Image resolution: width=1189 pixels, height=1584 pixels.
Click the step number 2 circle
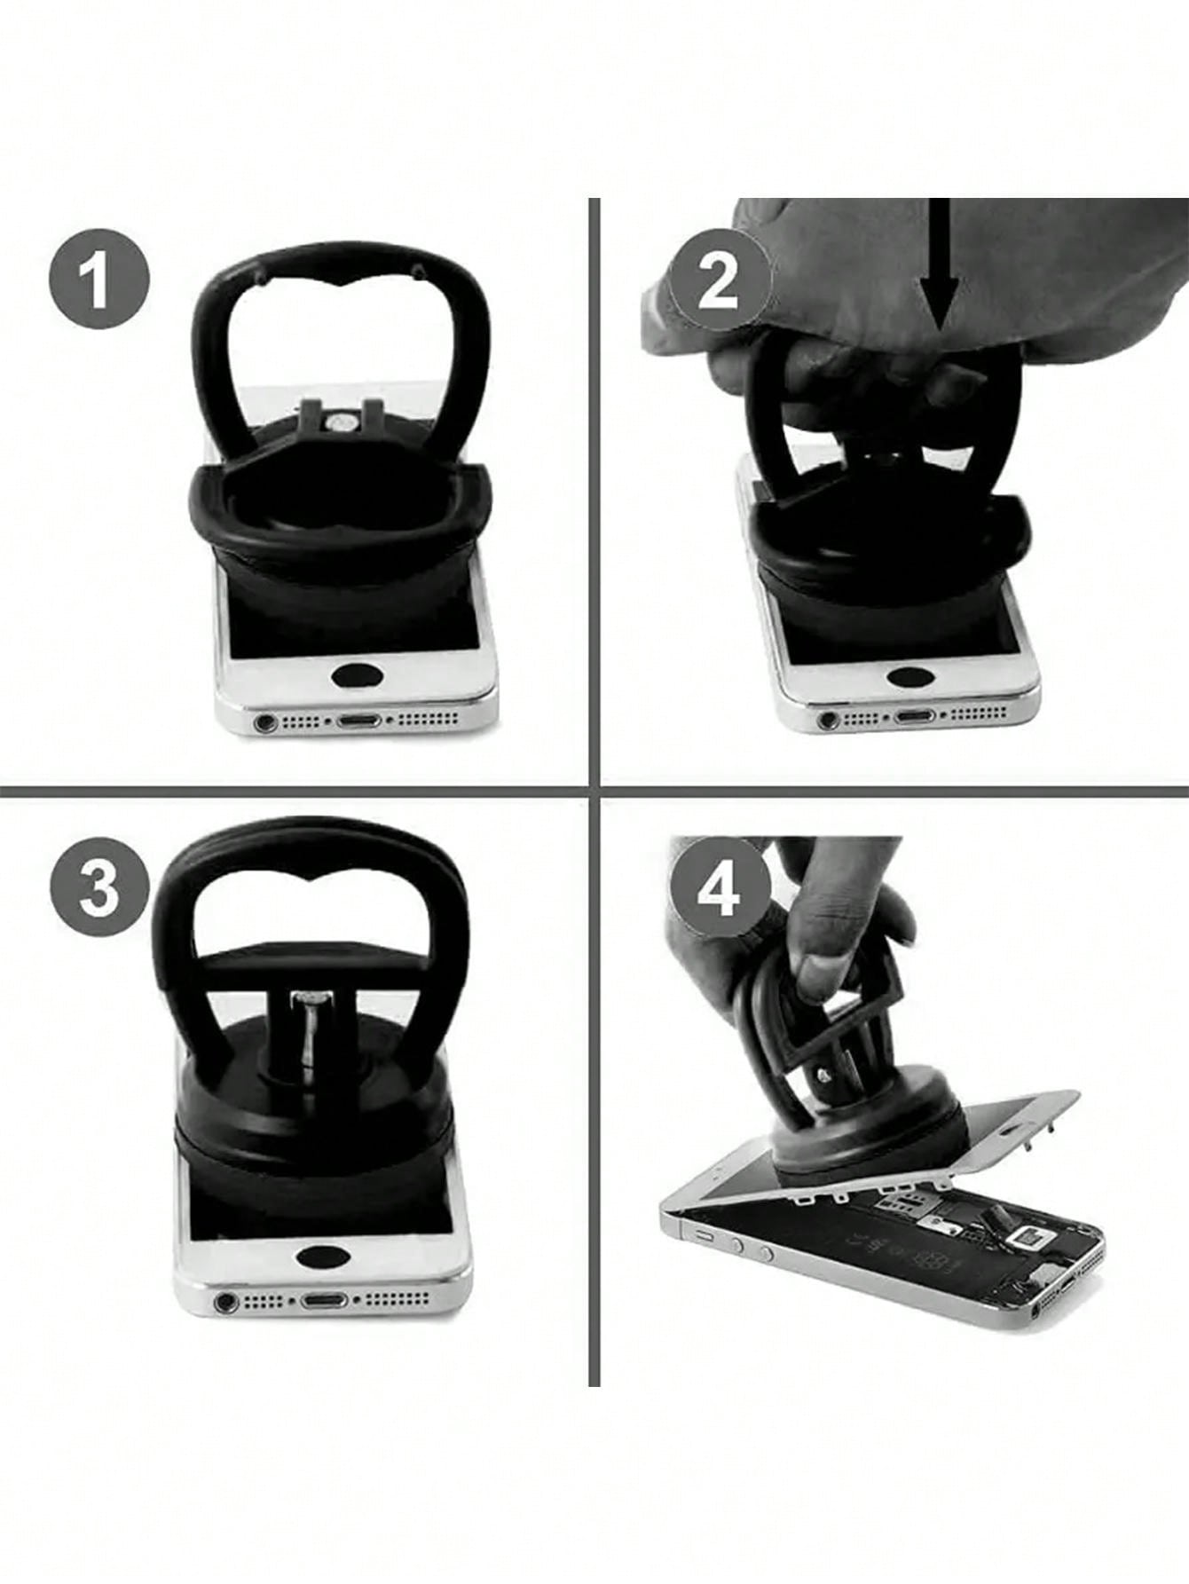pyautogui.click(x=720, y=281)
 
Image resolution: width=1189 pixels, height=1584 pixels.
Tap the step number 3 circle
pyautogui.click(x=98, y=890)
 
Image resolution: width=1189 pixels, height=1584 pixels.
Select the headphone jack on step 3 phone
pyautogui.click(x=225, y=1303)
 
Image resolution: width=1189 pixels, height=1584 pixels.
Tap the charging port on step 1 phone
pyautogui.click(x=358, y=721)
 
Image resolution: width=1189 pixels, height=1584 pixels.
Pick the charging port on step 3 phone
pyautogui.click(x=325, y=1302)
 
